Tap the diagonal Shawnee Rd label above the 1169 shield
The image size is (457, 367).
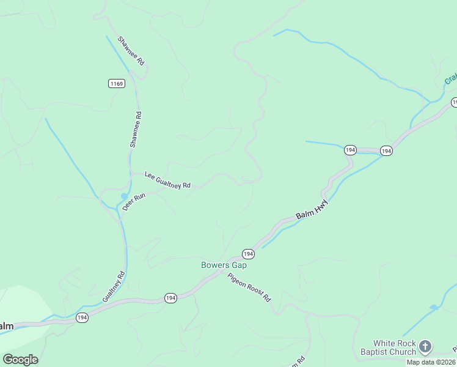point(131,51)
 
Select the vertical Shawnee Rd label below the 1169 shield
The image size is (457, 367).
point(136,128)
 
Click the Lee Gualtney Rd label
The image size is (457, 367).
point(167,180)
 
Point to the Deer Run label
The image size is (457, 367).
point(134,201)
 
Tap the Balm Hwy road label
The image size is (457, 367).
point(313,208)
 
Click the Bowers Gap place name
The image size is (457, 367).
point(224,265)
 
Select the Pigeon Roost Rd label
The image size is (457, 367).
point(249,287)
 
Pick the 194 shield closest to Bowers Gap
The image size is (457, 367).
point(248,253)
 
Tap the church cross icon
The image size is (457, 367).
point(426,347)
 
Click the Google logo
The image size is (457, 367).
point(20,360)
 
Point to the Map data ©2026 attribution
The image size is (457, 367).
point(431,362)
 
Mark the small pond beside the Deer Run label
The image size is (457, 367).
point(124,196)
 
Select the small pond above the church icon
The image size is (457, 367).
point(434,307)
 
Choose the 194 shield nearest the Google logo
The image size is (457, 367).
point(82,317)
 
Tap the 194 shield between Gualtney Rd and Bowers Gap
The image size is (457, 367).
point(170,297)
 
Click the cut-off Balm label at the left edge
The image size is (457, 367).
point(6,326)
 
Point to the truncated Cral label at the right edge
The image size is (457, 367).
point(451,80)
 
